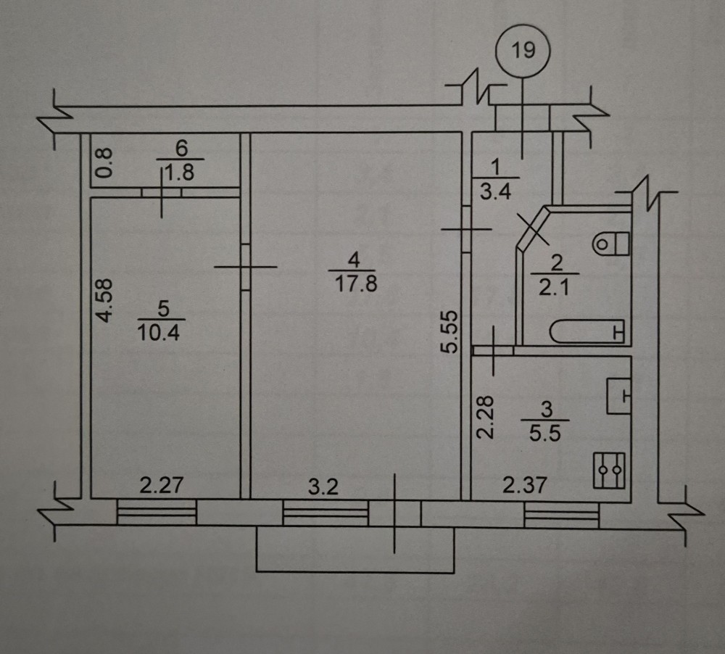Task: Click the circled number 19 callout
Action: pos(524,50)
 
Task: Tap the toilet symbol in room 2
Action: pos(610,241)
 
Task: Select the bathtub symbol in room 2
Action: pos(588,332)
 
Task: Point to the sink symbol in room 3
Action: pos(618,396)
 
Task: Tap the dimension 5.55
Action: pos(451,331)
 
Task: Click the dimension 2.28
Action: pos(487,416)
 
